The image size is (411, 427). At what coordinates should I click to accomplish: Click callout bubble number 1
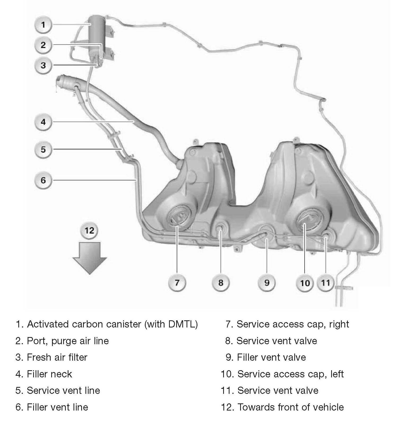point(43,25)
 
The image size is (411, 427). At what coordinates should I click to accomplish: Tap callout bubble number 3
point(43,65)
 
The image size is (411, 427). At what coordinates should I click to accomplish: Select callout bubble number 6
point(43,180)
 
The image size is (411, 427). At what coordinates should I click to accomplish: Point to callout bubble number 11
point(326,283)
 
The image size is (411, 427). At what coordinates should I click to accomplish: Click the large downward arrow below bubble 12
point(90,257)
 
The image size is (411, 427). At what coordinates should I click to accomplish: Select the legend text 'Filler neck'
point(49,374)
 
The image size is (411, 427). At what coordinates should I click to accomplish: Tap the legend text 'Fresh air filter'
point(57,357)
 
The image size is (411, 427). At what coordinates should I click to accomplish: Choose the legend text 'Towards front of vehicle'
point(290,407)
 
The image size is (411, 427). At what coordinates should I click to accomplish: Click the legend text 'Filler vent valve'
point(271,357)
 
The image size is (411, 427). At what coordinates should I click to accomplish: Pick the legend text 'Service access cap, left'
point(290,374)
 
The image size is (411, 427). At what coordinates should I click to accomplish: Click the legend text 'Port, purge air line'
point(68,341)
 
